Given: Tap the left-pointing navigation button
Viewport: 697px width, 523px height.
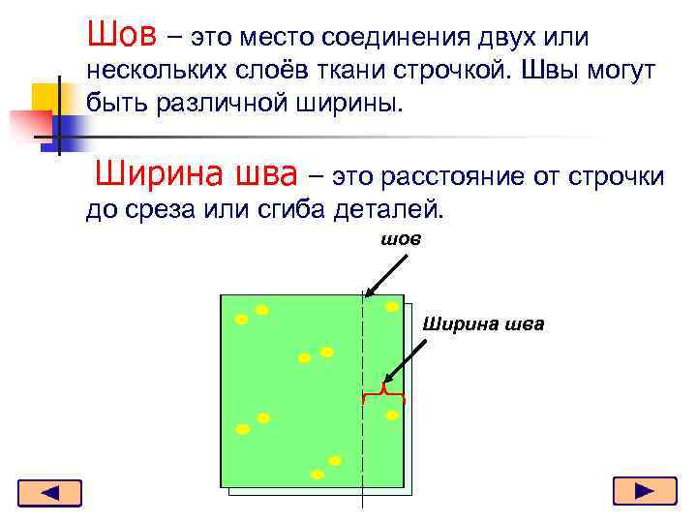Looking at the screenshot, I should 49,493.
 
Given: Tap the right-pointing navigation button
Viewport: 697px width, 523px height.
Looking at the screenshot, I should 645,492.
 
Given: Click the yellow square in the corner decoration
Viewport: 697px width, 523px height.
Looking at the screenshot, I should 45,98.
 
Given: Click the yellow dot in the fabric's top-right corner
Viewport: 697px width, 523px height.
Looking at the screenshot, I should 392,307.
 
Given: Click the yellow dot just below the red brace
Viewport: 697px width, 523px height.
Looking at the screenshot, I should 392,415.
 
